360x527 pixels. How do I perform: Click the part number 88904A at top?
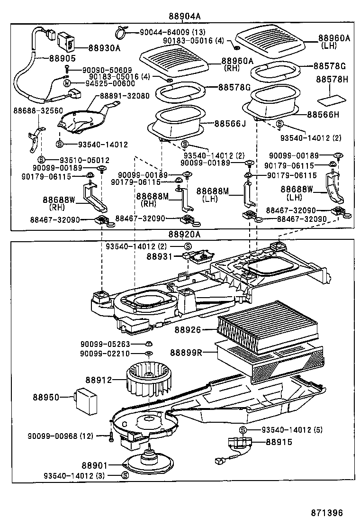click(x=185, y=16)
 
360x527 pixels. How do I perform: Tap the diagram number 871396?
click(x=327, y=513)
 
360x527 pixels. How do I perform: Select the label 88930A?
click(x=104, y=48)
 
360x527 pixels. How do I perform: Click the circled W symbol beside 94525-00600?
click(x=67, y=83)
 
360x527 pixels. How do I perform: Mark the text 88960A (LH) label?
click(x=334, y=42)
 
